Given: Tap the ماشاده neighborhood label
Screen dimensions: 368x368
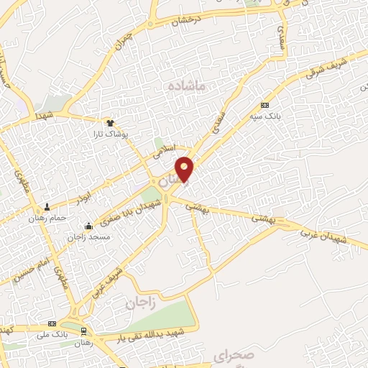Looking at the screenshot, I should pyautogui.click(x=186, y=85).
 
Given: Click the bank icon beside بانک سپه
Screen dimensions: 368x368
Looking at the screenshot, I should pyautogui.click(x=264, y=104).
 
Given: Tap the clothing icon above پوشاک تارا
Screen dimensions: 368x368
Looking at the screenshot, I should pyautogui.click(x=110, y=124).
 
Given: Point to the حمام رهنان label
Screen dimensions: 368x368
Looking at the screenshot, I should pyautogui.click(x=47, y=218).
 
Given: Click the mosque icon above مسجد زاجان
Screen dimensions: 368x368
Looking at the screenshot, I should pyautogui.click(x=88, y=226).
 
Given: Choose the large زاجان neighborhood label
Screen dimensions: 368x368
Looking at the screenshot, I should pyautogui.click(x=141, y=303).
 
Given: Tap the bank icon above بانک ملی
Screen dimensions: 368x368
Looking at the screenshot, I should pyautogui.click(x=51, y=323).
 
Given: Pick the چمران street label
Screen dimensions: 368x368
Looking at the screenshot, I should pyautogui.click(x=124, y=40).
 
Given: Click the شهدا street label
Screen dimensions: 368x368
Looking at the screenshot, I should pyautogui.click(x=42, y=115).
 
